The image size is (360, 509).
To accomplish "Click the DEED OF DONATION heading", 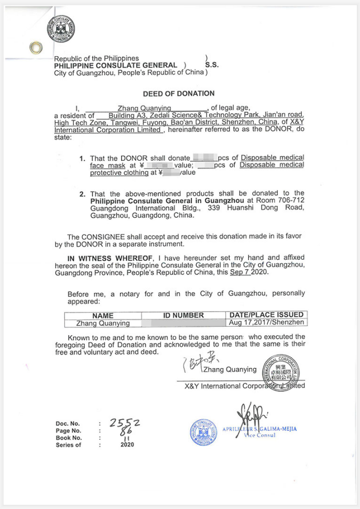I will [x=179, y=94].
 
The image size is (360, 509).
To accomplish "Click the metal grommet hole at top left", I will [x=36, y=48].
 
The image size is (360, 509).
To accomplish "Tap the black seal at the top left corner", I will [x=60, y=28].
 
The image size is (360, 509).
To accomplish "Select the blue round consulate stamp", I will [x=203, y=433].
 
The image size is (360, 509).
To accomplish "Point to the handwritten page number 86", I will [x=126, y=430].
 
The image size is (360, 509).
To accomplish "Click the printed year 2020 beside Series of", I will [x=127, y=445].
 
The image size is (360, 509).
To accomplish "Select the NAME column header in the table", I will [x=103, y=316].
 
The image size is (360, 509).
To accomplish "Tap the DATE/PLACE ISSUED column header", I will [x=266, y=315].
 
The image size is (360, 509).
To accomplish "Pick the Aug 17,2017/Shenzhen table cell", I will [x=266, y=323].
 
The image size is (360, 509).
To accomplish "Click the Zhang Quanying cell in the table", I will [x=103, y=323].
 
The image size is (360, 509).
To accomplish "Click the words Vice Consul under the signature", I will [x=260, y=435].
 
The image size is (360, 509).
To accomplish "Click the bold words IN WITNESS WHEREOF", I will [x=110, y=258].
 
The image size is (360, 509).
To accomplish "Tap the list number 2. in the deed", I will [x=83, y=194].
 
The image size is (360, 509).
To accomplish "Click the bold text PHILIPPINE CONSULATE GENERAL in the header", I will [x=116, y=65].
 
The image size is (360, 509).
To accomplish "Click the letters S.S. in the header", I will [x=212, y=65].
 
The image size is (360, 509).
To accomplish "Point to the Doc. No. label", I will [x=68, y=424].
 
